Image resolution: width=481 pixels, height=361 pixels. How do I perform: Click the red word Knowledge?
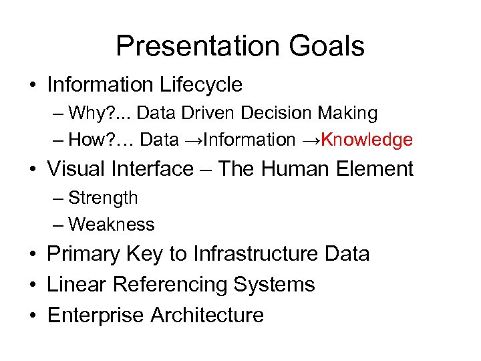tap(367, 140)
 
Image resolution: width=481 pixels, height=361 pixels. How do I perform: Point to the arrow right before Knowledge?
tap(311, 140)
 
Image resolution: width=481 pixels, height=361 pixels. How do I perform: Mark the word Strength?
tap(103, 198)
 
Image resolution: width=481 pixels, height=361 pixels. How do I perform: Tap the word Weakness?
tap(111, 225)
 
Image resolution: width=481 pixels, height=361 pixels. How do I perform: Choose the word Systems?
tap(274, 285)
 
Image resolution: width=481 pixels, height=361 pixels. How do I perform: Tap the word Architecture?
tap(207, 315)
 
